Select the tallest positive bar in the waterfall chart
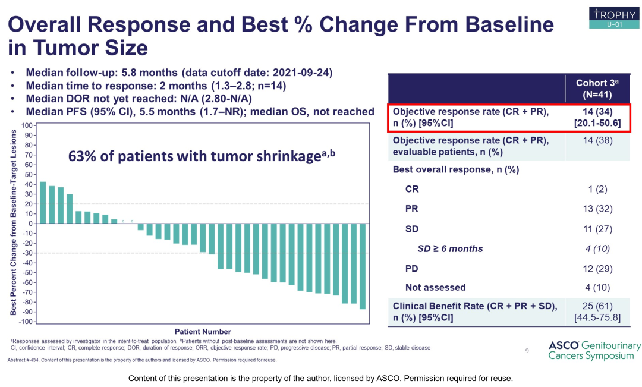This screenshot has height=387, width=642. pyautogui.click(x=42, y=203)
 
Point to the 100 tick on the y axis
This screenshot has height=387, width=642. pyautogui.click(x=26, y=125)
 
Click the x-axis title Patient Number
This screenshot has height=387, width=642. pyautogui.click(x=203, y=332)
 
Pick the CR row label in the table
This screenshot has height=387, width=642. pyautogui.click(x=412, y=189)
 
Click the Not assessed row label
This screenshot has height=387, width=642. pyautogui.click(x=435, y=287)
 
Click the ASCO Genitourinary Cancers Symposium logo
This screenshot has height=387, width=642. pyautogui.click(x=594, y=351)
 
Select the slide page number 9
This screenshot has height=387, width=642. pyautogui.click(x=527, y=351)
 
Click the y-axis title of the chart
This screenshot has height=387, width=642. pyautogui.click(x=12, y=223)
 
